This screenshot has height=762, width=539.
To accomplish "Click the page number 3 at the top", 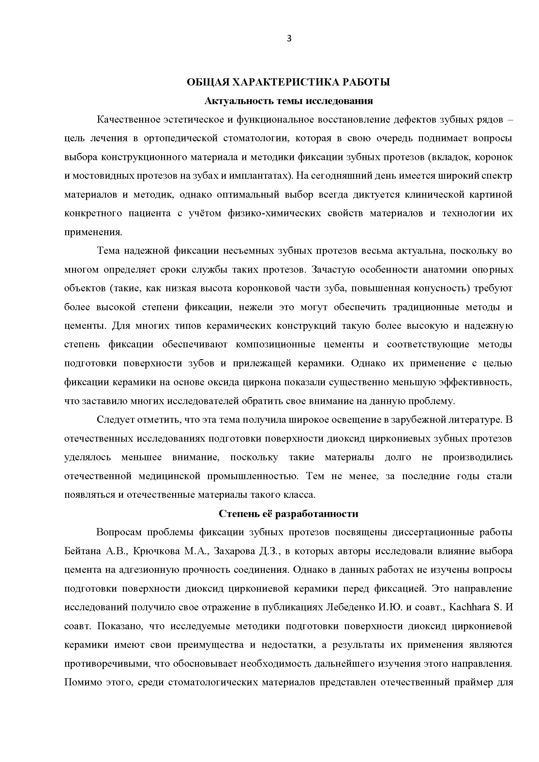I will pyautogui.click(x=289, y=39).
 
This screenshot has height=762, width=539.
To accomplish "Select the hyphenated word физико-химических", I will pyautogui.click(x=274, y=213).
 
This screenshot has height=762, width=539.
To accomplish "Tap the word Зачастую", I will pyautogui.click(x=333, y=270).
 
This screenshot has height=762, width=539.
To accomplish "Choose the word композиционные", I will pyautogui.click(x=275, y=345).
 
